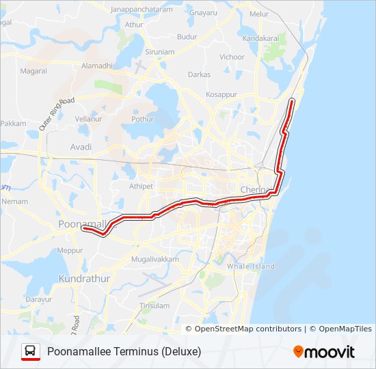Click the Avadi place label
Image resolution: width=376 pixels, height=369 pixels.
[81, 147]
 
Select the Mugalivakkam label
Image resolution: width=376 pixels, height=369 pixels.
[155, 260]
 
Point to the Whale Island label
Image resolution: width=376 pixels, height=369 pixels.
[251, 266]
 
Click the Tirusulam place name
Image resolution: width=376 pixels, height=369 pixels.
[154, 305]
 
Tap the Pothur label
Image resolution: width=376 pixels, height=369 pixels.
[143, 118]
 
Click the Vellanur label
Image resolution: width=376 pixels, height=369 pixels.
[88, 118]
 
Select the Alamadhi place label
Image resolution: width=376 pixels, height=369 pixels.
[97, 66]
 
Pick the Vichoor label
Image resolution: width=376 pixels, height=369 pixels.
[232, 57]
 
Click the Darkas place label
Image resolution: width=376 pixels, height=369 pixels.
[200, 74]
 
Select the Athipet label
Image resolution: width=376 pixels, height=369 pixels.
[142, 186]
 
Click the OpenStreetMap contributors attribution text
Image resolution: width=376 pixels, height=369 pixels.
[247, 329]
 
